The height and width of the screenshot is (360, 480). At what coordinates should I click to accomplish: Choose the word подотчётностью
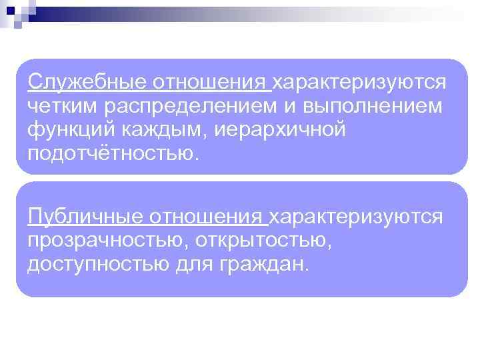pos(113,153)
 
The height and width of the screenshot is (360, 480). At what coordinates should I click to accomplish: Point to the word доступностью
pos(98,264)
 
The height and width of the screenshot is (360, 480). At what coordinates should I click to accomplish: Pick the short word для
pos(195,265)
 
